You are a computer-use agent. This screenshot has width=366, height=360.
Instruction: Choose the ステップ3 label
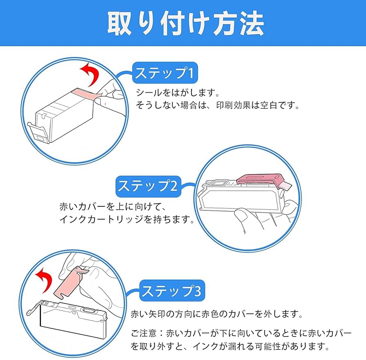coord(171,291)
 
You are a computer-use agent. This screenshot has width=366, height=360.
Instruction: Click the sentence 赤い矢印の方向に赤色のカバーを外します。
coord(217,315)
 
